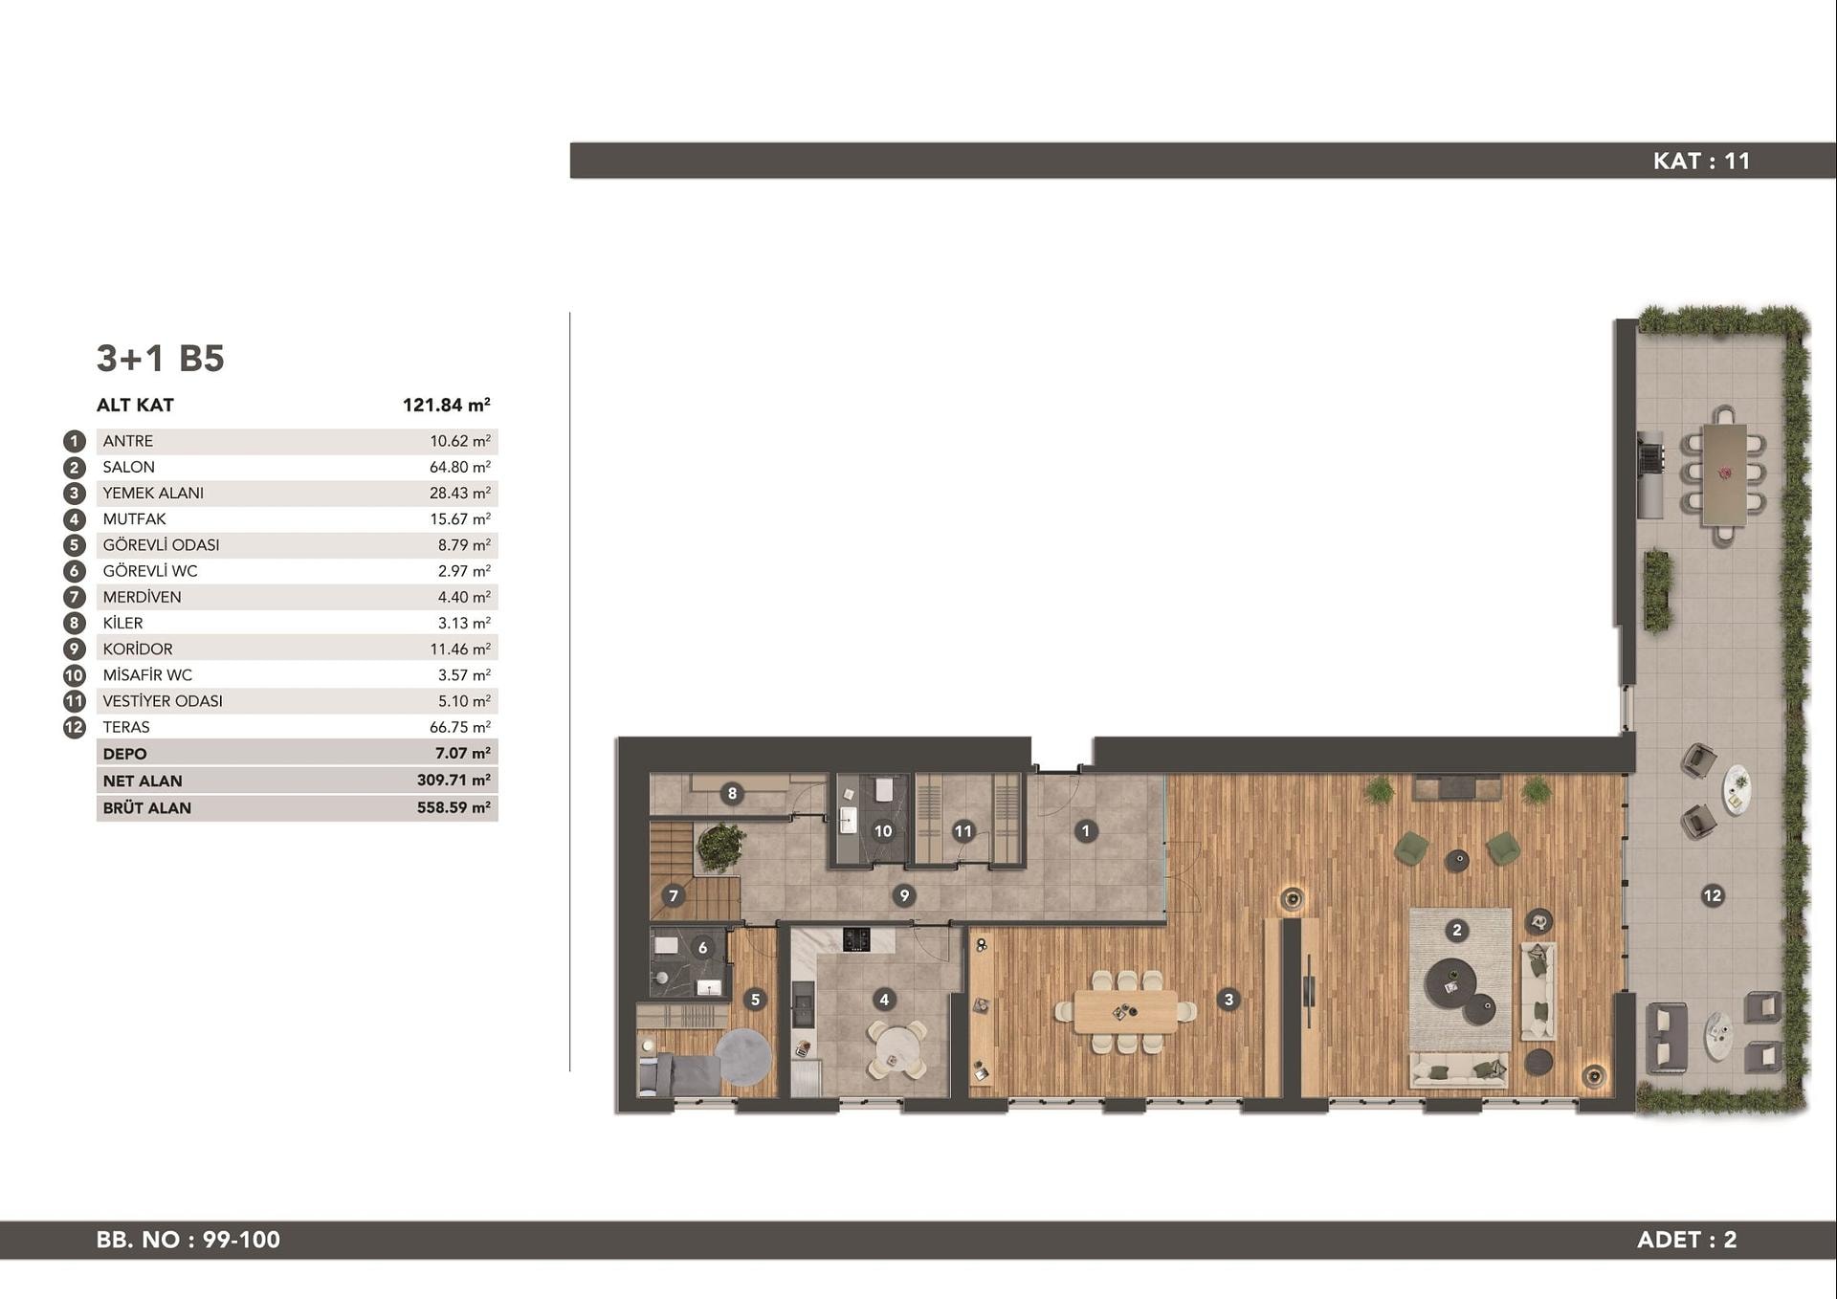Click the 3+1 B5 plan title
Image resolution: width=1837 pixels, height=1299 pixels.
coord(160,358)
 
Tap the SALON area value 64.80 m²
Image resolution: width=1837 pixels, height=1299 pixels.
coord(459,467)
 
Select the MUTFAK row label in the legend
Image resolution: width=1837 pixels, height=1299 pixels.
coord(134,518)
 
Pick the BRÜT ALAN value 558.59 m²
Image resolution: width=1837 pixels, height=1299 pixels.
coord(454,807)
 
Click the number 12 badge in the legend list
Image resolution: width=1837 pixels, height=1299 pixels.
coord(75,727)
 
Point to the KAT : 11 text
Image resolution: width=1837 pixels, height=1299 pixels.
coord(1701,161)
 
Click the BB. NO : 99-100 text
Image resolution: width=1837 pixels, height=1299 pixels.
coord(188,1240)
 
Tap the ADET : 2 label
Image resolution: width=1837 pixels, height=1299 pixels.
coord(1687,1240)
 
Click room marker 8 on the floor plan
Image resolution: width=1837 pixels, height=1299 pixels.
coord(732,793)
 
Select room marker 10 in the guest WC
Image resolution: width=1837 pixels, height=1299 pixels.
coord(883,831)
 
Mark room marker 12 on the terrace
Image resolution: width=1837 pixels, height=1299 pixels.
coord(1713,896)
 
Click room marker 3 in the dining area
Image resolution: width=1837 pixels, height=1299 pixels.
coord(1228,1000)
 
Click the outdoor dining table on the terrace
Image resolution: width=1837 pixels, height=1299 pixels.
coord(1724,475)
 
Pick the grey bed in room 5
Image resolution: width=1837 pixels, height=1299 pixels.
coord(679,1074)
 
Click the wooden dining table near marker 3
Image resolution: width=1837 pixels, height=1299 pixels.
coord(1126,1012)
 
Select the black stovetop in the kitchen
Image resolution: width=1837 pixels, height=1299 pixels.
coord(856,939)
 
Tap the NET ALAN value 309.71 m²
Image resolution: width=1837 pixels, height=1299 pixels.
coord(454,781)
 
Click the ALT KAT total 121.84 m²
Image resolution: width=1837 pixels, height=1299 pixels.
coord(447,405)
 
